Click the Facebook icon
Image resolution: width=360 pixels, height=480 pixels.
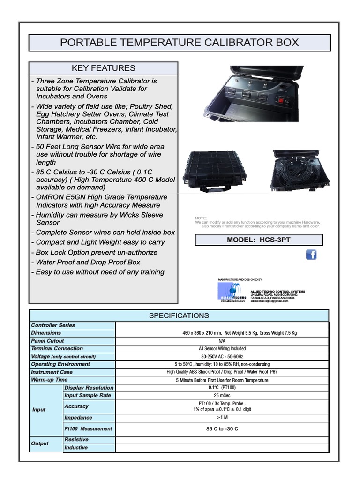coord(311,255)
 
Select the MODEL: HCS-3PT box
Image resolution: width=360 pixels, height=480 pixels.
coord(259,240)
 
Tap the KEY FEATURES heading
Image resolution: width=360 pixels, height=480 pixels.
coord(104,68)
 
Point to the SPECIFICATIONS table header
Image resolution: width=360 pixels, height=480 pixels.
coord(179,315)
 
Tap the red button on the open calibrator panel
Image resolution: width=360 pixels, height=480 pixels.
coord(282,100)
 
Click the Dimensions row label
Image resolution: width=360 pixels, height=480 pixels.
coord(46,333)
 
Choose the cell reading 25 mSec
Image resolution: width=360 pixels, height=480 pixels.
coord(223,396)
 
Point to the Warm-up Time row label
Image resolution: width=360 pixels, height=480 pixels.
coord(49,380)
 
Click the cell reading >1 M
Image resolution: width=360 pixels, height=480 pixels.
coord(223,418)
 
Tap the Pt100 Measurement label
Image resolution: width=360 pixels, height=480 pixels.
coord(88,428)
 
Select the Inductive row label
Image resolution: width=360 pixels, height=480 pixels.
coord(76,448)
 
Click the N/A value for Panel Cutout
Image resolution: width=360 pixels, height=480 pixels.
coord(223,341)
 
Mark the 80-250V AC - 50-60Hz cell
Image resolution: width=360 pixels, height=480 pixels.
coord(223,356)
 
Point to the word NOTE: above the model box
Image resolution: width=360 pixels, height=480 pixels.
coord(201,218)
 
